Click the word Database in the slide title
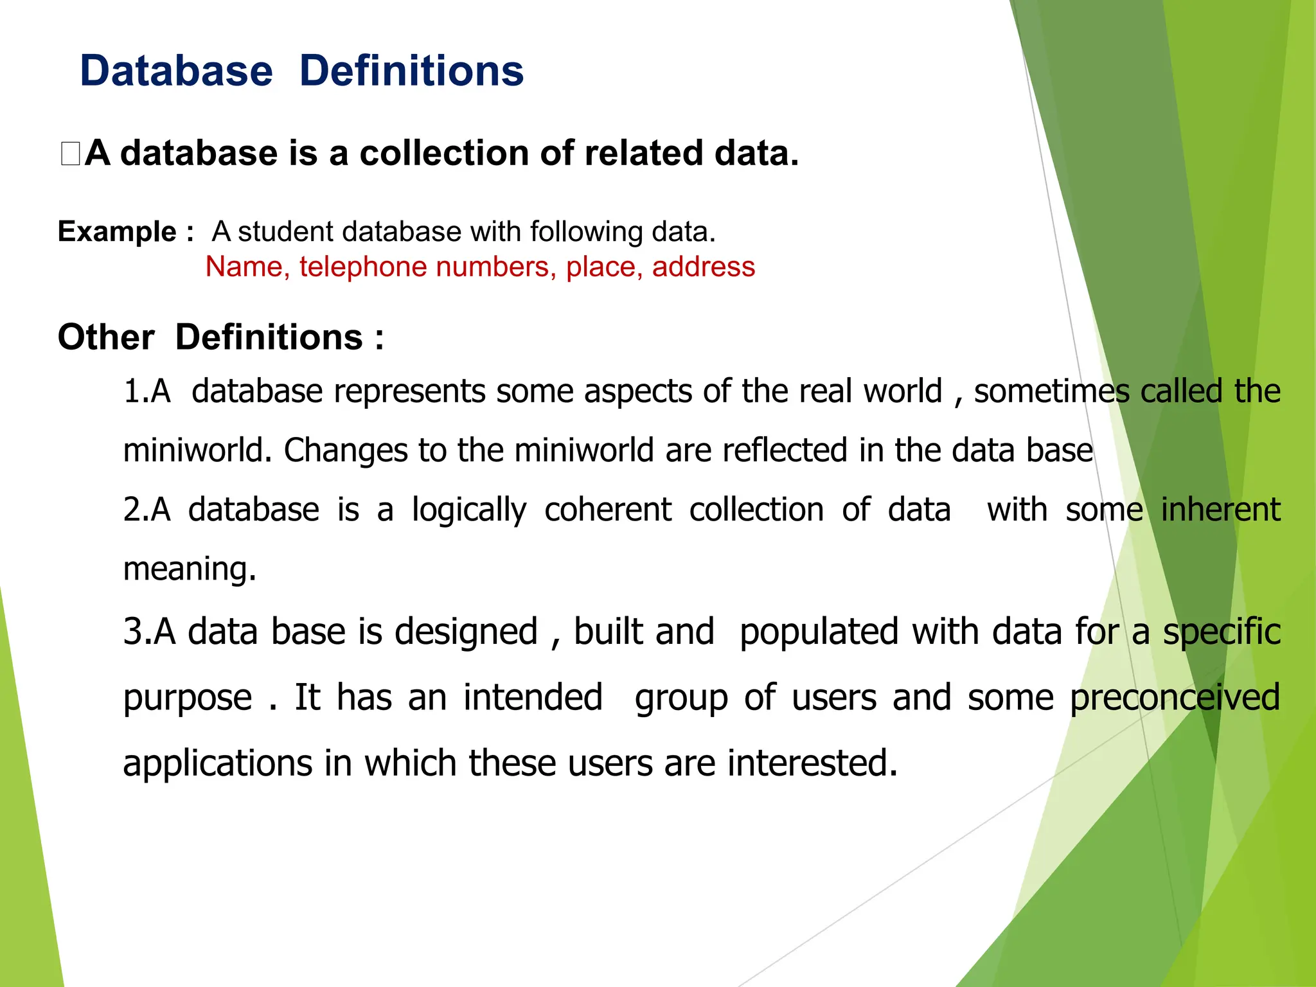176,71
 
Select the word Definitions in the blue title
411,71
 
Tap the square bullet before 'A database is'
70,154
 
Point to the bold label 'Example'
117,231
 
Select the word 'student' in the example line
285,231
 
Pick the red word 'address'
703,267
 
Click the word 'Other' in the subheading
106,337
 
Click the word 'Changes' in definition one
346,450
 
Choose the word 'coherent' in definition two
607,510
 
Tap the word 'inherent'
1220,510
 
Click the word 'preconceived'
1175,697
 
